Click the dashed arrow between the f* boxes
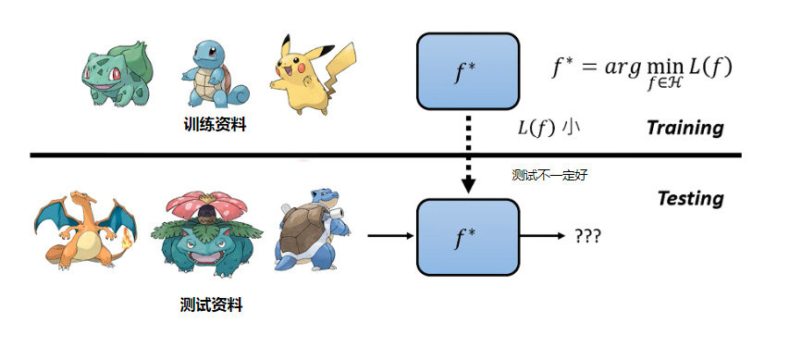(468, 153)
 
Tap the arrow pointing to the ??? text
(541, 236)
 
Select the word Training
(684, 128)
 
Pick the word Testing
(690, 198)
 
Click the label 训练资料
(215, 124)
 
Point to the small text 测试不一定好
(550, 174)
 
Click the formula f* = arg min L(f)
(641, 70)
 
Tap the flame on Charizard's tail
(125, 239)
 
